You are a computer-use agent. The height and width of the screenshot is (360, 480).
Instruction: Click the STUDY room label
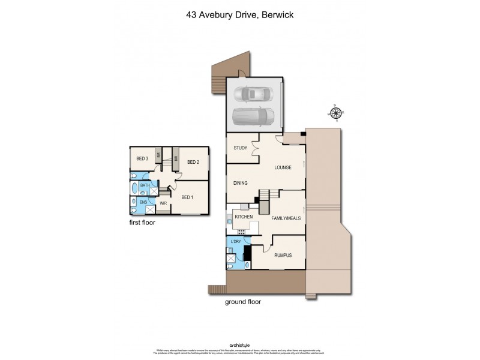(241, 148)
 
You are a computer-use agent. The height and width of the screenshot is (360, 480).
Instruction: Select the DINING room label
(241, 183)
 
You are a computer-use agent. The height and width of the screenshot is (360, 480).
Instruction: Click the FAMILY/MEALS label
(286, 219)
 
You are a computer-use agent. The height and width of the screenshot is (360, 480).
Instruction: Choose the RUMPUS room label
(283, 255)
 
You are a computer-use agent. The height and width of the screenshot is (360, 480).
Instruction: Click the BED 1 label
(188, 197)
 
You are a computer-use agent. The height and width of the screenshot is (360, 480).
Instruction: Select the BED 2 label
(193, 162)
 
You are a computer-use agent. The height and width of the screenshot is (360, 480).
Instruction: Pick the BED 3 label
(142, 158)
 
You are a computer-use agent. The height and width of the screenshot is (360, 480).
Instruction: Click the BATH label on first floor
(145, 186)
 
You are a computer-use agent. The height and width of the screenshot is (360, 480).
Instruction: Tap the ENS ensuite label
(143, 203)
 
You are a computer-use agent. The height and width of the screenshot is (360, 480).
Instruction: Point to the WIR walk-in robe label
(163, 203)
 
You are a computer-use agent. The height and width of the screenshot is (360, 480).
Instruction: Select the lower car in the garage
(253, 115)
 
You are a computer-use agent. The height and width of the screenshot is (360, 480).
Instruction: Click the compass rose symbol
(335, 113)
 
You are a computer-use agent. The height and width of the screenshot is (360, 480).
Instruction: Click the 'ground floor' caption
(242, 302)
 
